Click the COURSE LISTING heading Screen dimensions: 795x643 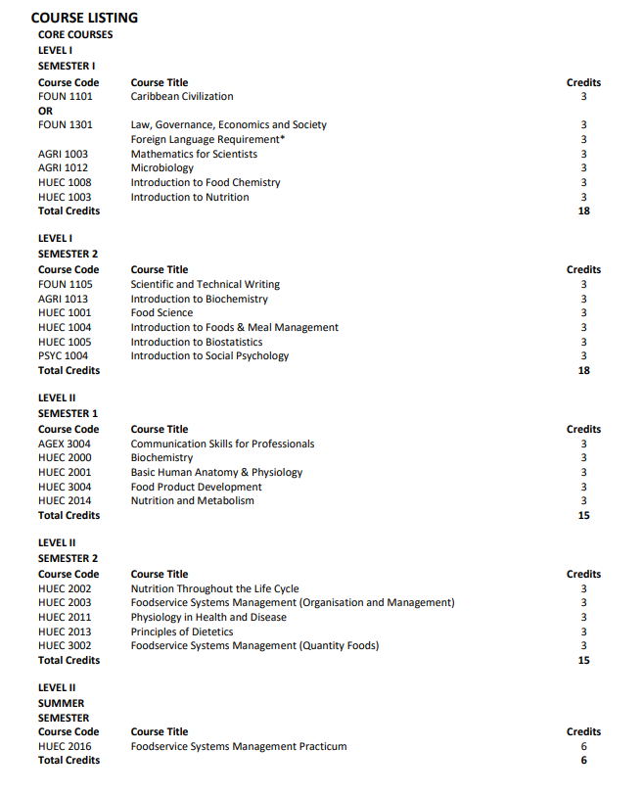[84, 18]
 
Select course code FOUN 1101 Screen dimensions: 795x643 [66, 97]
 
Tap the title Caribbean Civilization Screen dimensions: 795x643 [182, 97]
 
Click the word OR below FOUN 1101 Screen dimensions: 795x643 [45, 111]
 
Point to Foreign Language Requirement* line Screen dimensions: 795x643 [207, 139]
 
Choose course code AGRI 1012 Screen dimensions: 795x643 [63, 168]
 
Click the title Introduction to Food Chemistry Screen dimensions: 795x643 [206, 183]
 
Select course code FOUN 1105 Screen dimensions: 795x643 [66, 284]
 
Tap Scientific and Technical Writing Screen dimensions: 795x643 [206, 284]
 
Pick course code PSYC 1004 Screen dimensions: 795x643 [63, 356]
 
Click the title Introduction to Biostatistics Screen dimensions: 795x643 [197, 342]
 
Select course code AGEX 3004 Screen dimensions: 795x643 [65, 444]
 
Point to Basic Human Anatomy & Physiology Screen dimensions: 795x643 [216, 472]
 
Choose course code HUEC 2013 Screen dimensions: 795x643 [65, 631]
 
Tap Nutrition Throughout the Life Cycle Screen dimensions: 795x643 [214, 588]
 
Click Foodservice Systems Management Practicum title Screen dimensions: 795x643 [239, 746]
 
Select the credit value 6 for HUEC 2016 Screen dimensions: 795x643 [583, 746]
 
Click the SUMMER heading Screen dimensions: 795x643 [61, 703]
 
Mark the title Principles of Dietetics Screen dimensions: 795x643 [182, 631]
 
